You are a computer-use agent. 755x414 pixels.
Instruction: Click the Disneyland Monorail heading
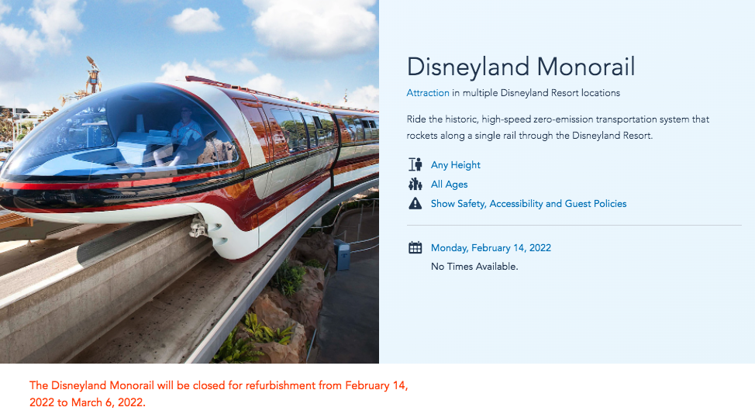pos(521,67)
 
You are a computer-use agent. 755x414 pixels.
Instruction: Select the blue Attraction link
pos(428,93)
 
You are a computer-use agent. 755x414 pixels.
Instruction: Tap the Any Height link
pos(456,164)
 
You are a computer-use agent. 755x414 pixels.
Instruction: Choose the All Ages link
pos(450,185)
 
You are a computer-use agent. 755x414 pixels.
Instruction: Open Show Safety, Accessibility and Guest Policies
pos(529,204)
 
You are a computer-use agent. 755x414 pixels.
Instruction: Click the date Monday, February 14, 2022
pos(491,248)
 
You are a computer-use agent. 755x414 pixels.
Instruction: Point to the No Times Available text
pos(474,266)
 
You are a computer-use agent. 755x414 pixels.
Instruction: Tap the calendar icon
pos(415,247)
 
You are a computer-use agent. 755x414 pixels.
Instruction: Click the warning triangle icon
pos(415,203)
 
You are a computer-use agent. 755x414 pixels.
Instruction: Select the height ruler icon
pos(415,164)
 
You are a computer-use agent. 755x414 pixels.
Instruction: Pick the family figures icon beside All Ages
pos(415,184)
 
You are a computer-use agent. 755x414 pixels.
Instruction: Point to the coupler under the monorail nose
pos(198,226)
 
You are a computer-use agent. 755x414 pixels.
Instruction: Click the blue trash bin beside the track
pos(343,254)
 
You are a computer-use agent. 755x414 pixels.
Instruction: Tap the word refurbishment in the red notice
pos(281,385)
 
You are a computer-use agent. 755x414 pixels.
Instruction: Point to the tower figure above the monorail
pos(93,74)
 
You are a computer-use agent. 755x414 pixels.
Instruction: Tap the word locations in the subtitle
pos(601,93)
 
